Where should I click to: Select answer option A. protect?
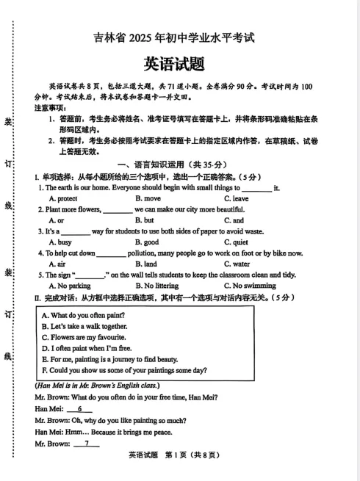[63, 198]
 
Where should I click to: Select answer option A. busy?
[60, 242]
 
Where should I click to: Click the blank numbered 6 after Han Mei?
[80, 409]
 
